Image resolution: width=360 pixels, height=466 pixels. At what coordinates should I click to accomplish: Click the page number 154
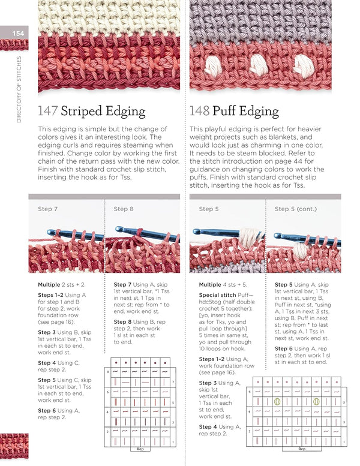18,34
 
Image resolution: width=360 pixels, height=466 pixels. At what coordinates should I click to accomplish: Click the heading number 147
48,111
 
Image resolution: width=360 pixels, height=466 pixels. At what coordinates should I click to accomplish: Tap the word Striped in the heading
82,112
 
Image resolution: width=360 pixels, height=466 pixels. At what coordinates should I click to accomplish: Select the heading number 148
200,111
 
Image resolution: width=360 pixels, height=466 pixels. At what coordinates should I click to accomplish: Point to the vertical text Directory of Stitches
19,89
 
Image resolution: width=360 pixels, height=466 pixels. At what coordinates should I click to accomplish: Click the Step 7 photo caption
48,209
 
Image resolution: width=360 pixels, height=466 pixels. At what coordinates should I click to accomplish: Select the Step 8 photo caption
124,209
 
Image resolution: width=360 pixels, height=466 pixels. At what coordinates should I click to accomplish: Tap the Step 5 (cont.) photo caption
295,209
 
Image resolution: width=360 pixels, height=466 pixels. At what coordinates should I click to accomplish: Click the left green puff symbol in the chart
278,402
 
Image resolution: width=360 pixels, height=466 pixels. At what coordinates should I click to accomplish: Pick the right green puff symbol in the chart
316,402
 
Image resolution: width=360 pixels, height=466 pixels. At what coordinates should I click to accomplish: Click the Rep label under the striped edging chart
140,449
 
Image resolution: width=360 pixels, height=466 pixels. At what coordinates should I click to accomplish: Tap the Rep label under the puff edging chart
302,449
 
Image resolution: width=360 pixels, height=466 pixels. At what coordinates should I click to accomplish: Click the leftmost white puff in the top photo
212,61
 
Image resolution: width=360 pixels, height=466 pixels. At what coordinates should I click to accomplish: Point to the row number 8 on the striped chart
107,372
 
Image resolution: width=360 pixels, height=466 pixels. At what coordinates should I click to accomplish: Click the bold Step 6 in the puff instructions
284,348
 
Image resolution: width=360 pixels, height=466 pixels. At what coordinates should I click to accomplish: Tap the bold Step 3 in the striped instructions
48,332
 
